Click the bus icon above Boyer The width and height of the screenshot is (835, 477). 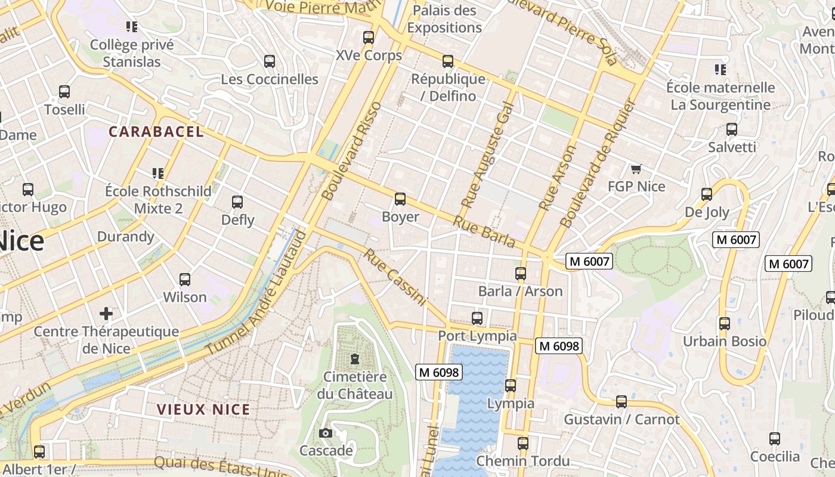pos(400,199)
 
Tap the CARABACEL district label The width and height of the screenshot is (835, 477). pos(156,132)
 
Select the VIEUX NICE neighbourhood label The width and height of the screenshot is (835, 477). pos(203,410)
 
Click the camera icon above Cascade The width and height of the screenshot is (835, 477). pos(326,433)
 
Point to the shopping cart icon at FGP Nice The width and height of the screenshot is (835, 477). pos(636,169)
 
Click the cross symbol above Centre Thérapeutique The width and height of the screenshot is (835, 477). pos(106,313)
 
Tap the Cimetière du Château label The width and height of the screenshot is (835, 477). pos(355,385)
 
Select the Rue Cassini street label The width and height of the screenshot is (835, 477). pos(395,277)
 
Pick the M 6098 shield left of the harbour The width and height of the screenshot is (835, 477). pos(439,373)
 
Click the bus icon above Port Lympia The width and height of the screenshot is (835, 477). pos(477,318)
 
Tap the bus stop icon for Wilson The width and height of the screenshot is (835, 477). pos(185,279)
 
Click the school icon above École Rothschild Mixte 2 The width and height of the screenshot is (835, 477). pos(158,174)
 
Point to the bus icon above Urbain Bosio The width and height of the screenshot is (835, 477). pos(725,324)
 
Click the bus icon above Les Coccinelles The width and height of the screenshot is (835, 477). pos(270,61)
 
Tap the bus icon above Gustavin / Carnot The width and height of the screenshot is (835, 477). pos(621,402)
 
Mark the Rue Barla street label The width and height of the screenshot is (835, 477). pos(484,231)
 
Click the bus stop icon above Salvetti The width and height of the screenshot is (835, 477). pos(732,129)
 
